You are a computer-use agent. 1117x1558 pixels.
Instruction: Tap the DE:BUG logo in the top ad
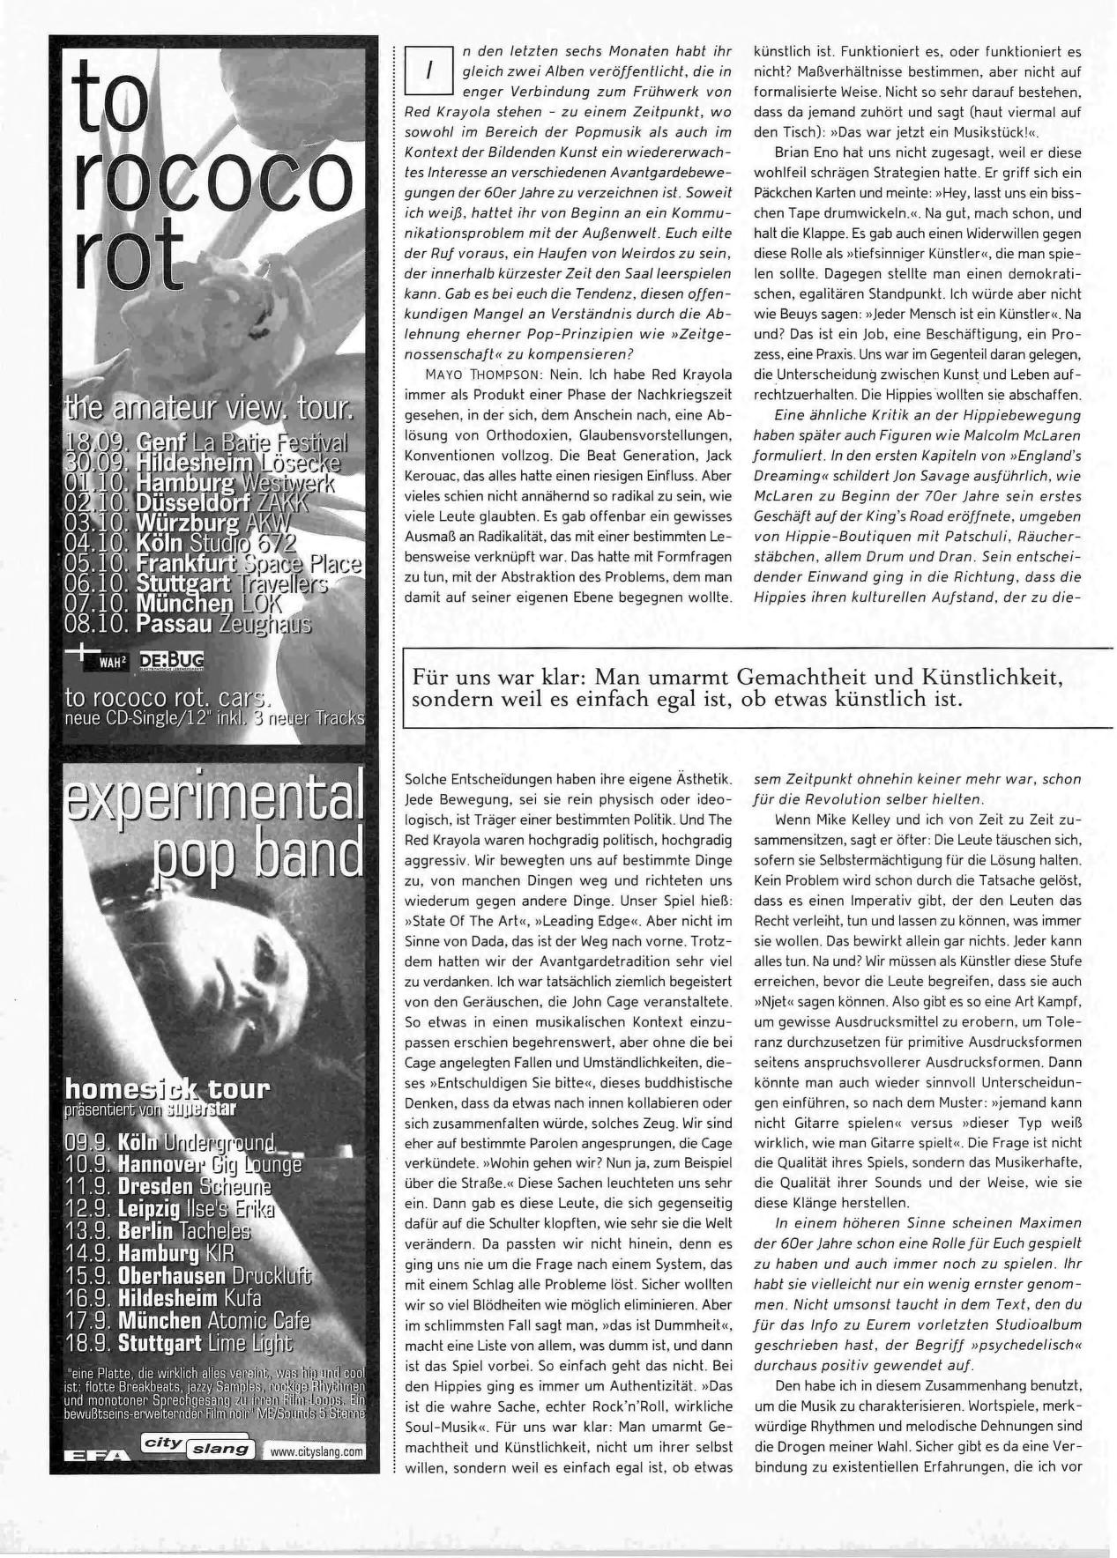click(x=171, y=660)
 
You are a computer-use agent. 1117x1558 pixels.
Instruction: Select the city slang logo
click(x=198, y=1445)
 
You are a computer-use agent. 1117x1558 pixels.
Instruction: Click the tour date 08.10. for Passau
click(x=98, y=624)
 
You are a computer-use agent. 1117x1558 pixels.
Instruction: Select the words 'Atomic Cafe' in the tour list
click(x=258, y=1320)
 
